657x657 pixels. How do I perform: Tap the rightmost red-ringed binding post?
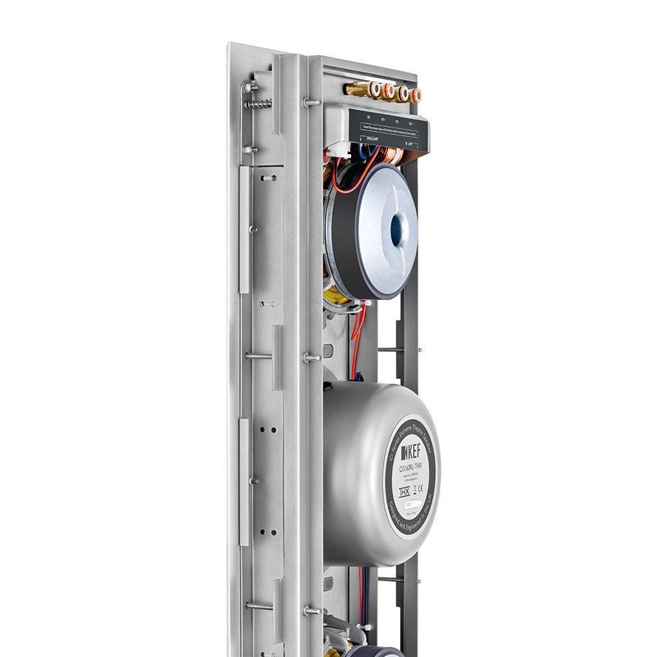coord(415,96)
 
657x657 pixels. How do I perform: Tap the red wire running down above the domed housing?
coord(356,343)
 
